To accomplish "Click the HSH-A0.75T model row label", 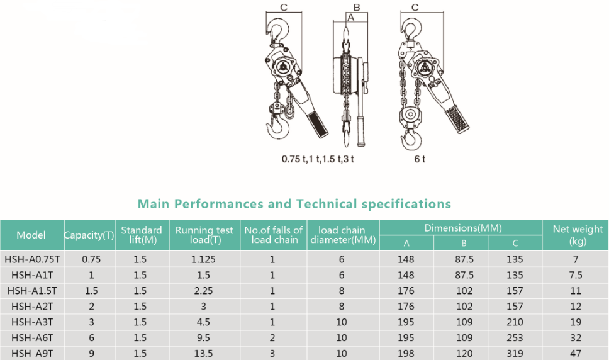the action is [x=32, y=259].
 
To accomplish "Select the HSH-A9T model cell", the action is [x=32, y=354].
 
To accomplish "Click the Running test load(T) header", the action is [x=204, y=235].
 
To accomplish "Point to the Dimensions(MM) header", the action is [x=463, y=228].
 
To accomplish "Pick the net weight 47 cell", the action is [x=576, y=354].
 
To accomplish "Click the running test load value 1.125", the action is [x=203, y=259].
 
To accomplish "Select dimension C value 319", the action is [x=515, y=354].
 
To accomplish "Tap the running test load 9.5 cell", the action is [x=203, y=338].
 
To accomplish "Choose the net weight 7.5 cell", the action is [x=576, y=275].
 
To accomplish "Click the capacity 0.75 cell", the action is [x=91, y=259].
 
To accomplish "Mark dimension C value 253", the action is [x=515, y=338].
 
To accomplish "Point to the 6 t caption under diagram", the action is [x=420, y=159].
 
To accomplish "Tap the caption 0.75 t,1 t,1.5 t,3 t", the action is [x=318, y=159].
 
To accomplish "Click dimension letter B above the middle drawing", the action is [x=357, y=8].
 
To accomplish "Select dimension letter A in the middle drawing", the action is [x=350, y=18].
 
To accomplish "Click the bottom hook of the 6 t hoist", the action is [x=411, y=140].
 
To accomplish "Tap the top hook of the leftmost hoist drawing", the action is [x=277, y=30].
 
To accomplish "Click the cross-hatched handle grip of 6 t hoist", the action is [x=457, y=119].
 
